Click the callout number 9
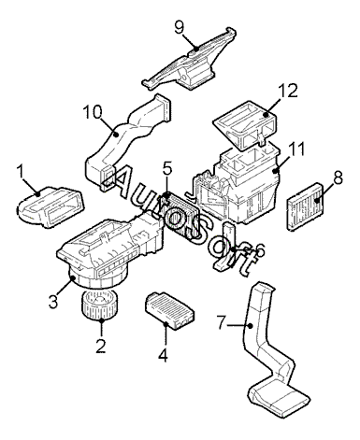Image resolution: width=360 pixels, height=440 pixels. click(180, 27)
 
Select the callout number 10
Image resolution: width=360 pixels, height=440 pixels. click(93, 112)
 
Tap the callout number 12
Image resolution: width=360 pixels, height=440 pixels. click(288, 91)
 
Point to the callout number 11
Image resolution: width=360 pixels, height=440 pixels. click(296, 149)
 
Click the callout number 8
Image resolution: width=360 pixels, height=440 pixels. click(338, 177)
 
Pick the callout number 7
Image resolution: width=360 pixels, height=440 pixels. click(221, 322)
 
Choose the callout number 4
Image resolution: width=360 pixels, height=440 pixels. click(163, 355)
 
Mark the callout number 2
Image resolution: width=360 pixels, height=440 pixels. click(100, 346)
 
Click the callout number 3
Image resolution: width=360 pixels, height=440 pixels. click(53, 301)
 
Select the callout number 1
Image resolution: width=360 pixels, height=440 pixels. click(21, 172)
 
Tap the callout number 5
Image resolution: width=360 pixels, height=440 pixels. click(167, 169)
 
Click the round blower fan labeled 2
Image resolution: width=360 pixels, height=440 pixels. click(100, 305)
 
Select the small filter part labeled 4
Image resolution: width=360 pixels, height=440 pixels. click(170, 311)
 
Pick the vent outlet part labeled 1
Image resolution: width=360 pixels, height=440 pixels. click(50, 206)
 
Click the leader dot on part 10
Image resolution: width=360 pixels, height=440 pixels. click(116, 135)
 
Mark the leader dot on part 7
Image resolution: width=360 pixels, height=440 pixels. click(250, 326)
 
